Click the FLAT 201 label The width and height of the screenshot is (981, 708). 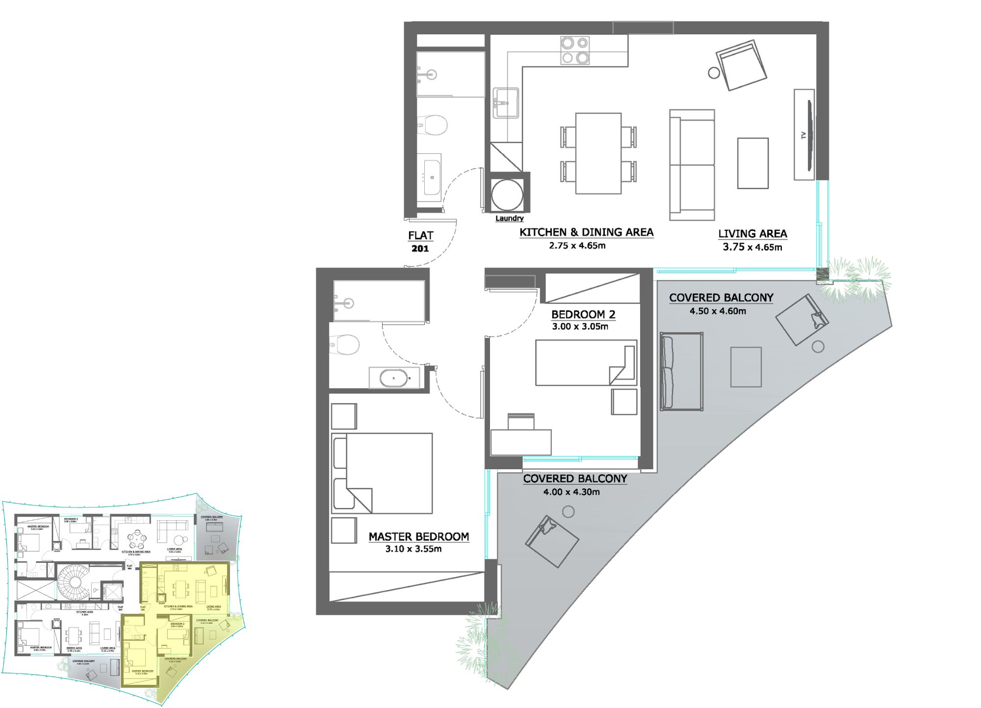tap(420, 242)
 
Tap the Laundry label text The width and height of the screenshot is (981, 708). tap(509, 218)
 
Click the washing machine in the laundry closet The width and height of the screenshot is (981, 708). tap(507, 195)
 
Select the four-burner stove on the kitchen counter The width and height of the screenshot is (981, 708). tap(575, 51)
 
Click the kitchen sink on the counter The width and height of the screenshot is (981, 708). tap(506, 103)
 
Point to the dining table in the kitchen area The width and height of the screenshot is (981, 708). tap(598, 153)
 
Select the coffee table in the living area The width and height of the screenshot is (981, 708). tap(752, 163)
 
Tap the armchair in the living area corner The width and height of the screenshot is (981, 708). tap(741, 66)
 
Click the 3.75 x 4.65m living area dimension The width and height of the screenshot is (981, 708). tap(752, 247)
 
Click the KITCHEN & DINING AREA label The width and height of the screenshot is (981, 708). tap(586, 232)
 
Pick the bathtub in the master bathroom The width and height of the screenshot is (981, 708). tap(394, 378)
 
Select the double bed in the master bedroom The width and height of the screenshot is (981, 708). tap(382, 473)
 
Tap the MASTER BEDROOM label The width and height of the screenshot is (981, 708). tap(418, 537)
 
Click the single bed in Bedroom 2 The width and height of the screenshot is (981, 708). tap(586, 363)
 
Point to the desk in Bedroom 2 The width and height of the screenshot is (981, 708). tap(521, 442)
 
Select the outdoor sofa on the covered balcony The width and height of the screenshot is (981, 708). tap(681, 371)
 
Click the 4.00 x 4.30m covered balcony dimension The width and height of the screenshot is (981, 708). tap(571, 492)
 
